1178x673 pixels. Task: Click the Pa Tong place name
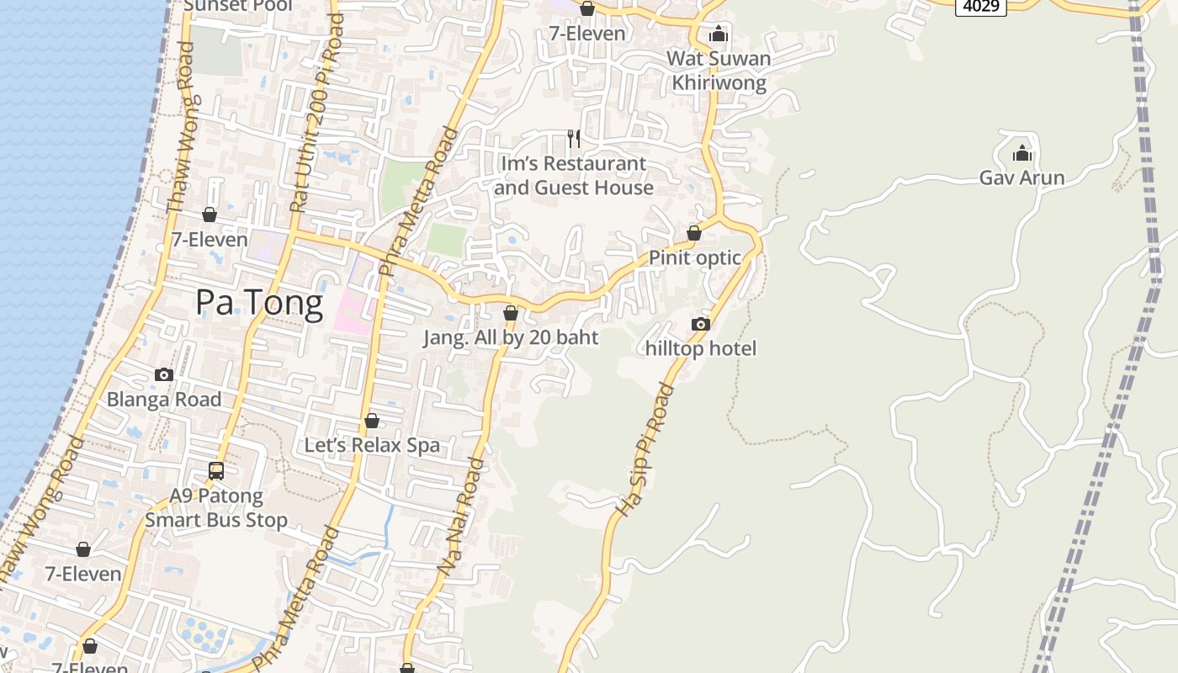tap(259, 302)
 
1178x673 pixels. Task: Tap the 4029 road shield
tap(981, 7)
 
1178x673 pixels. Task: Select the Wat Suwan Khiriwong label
tap(719, 71)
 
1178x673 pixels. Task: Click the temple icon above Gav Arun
tap(1022, 153)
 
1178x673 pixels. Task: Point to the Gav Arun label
tap(1022, 178)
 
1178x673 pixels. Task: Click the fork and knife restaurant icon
tap(574, 138)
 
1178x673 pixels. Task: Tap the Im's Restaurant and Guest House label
tap(574, 176)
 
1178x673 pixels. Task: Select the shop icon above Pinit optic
tap(694, 233)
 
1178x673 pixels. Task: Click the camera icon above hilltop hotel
tap(700, 324)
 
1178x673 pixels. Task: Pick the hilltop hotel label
tap(701, 348)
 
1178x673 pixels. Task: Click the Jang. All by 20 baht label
tap(511, 337)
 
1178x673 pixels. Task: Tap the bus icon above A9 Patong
tap(216, 471)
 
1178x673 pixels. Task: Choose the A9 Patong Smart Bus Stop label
tap(216, 508)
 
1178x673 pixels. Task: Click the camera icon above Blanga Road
tap(164, 374)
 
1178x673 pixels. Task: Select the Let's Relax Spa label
tap(372, 445)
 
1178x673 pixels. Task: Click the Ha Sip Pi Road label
tap(646, 450)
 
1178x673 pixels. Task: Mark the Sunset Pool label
tap(238, 7)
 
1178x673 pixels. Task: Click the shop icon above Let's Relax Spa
tap(372, 421)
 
